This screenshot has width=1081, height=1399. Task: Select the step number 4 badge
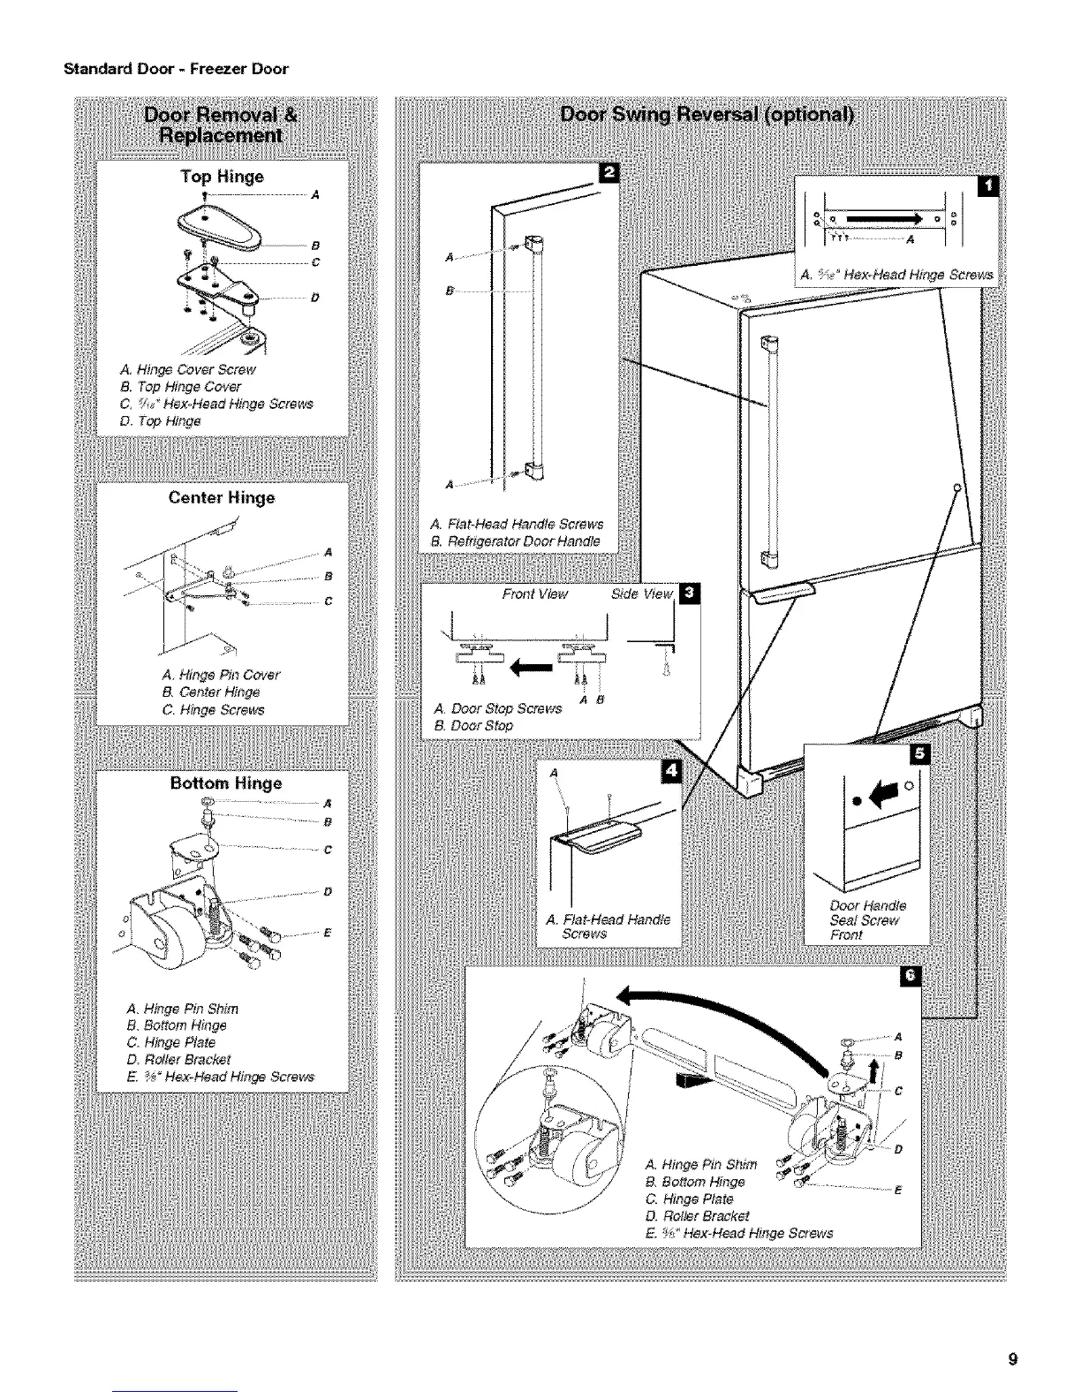672,772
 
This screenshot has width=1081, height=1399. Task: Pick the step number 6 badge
909,975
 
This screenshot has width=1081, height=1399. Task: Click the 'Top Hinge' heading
222,177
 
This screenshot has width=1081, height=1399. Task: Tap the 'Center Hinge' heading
222,498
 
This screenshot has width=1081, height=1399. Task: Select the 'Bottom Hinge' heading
225,783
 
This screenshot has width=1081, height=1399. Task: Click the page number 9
1014,1359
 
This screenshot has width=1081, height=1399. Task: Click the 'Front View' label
534,594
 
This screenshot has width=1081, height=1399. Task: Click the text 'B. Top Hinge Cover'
180,387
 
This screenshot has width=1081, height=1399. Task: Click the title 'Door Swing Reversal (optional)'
707,117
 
